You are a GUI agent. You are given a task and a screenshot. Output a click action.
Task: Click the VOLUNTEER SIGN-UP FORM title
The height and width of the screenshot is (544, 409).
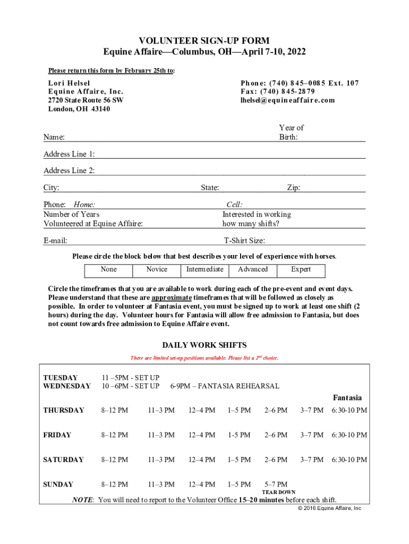coord(204,40)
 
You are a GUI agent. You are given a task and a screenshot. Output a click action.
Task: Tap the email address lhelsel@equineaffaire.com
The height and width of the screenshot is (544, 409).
coord(287,100)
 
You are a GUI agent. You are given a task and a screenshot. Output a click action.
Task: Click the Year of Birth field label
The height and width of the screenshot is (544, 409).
coord(291,132)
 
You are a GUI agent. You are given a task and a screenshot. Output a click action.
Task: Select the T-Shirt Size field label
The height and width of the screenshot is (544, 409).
coord(244,241)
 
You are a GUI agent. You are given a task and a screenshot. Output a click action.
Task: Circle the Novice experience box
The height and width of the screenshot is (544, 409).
coord(157,269)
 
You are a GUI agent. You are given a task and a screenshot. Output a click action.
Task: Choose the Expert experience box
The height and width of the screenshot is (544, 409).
coord(301,269)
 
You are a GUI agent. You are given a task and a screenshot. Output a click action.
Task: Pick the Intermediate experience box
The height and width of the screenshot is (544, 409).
coord(204,269)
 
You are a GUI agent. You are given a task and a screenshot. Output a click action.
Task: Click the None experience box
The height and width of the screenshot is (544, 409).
coord(108,269)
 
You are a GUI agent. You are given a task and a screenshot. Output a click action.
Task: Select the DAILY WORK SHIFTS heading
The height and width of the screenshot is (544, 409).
coord(204,345)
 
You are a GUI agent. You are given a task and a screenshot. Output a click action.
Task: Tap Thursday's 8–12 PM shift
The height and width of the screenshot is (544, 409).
coord(114,410)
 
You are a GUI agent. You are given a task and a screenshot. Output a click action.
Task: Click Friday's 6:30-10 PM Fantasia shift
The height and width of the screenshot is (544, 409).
coord(349,435)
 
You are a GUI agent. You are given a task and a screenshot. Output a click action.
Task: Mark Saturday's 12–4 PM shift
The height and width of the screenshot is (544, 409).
coord(202,460)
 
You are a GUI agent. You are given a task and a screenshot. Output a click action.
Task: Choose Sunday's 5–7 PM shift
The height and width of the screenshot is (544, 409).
coord(276,484)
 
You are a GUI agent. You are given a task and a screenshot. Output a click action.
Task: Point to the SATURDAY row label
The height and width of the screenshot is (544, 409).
coord(63,460)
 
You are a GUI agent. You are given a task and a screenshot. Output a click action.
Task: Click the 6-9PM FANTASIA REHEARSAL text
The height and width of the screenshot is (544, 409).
coord(224,386)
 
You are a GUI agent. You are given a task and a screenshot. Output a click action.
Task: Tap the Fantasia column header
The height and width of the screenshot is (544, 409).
coord(347,397)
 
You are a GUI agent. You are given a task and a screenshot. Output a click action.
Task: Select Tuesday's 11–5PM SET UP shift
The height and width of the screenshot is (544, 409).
coord(130,378)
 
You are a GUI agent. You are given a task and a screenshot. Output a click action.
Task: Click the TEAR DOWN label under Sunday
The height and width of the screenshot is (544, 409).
coord(279,492)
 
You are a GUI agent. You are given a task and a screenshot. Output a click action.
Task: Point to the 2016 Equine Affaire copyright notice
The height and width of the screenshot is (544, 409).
coord(329,508)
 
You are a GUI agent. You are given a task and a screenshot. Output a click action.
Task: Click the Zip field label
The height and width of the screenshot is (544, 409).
coord(294,188)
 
